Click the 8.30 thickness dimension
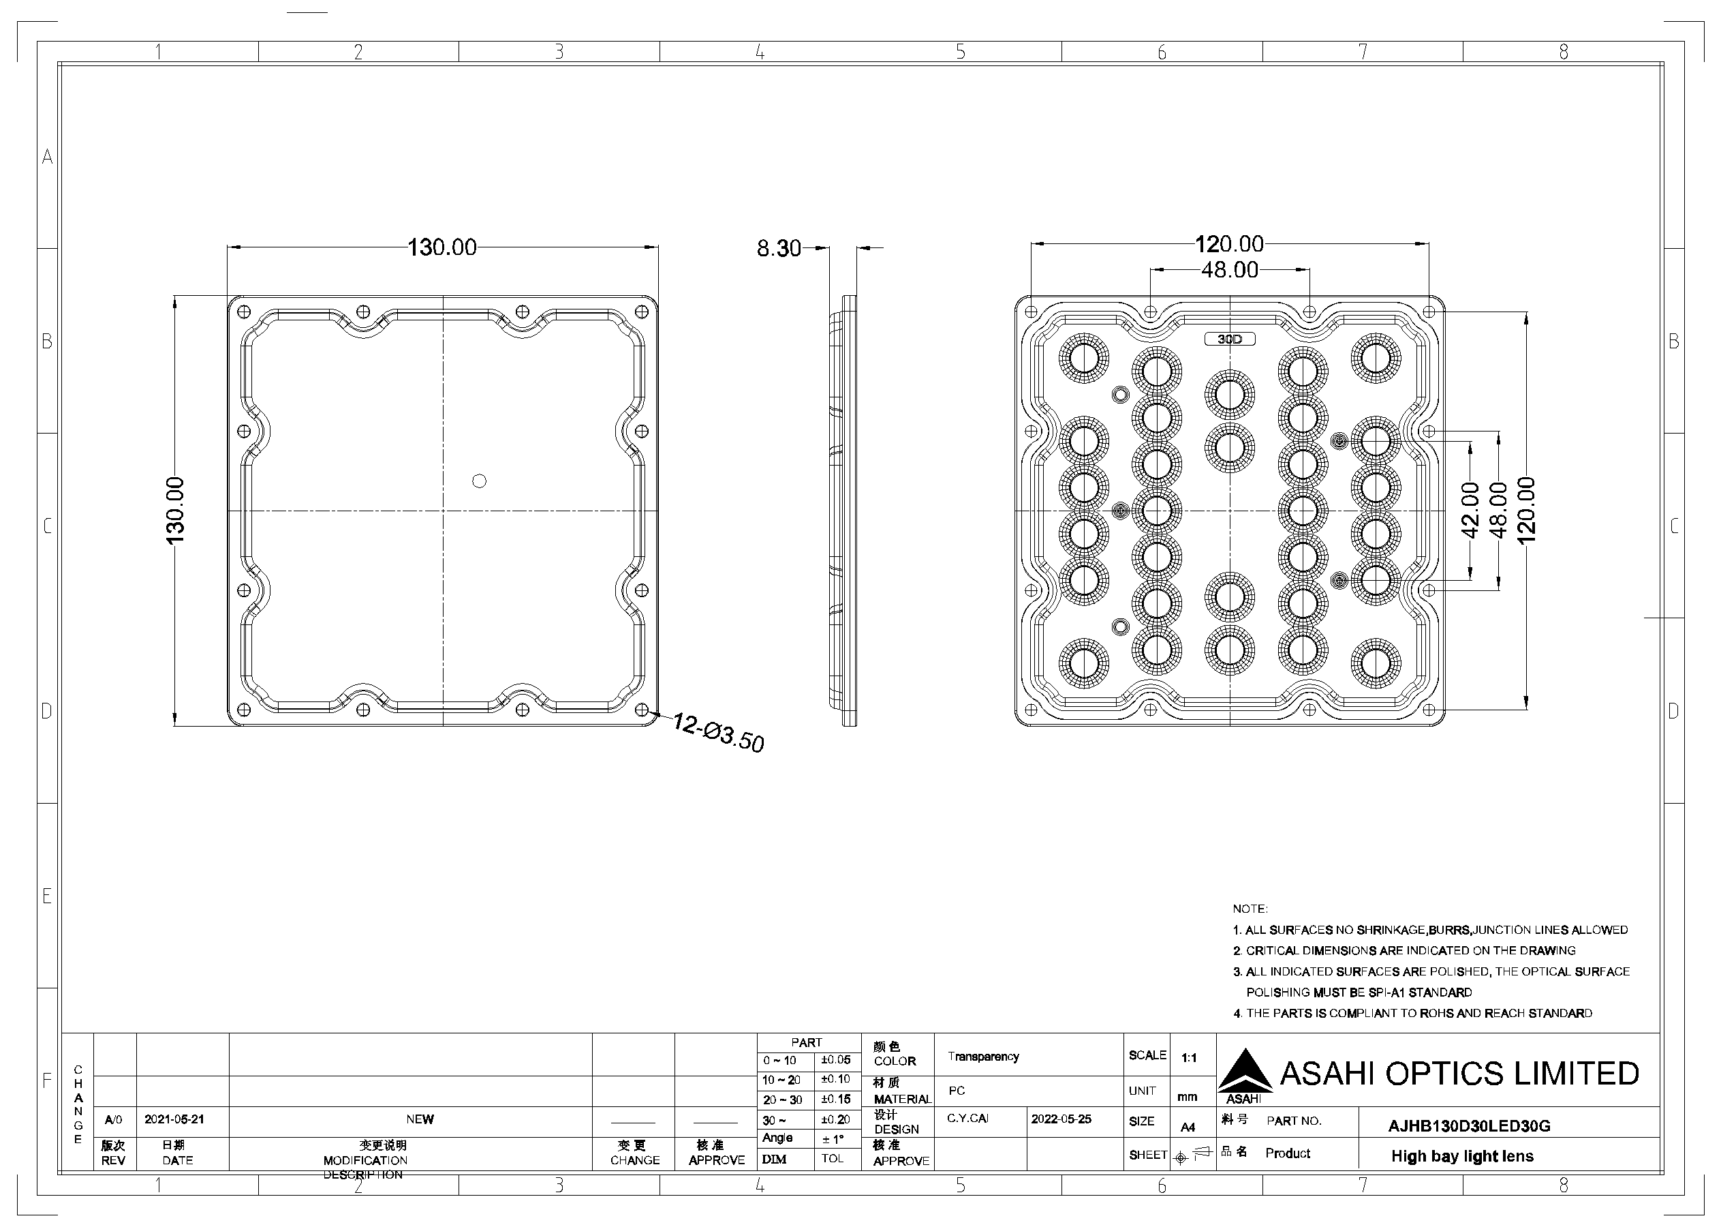pyautogui.click(x=779, y=248)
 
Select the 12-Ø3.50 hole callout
pyautogui.click(x=718, y=732)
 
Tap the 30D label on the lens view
pyautogui.click(x=1229, y=339)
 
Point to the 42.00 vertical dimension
pyautogui.click(x=1470, y=511)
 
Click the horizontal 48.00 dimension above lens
pyautogui.click(x=1229, y=270)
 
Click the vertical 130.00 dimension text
pyautogui.click(x=174, y=511)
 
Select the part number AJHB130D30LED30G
pyautogui.click(x=1469, y=1125)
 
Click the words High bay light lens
pyautogui.click(x=1462, y=1156)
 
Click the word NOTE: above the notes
pyautogui.click(x=1250, y=909)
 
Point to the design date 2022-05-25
pyautogui.click(x=1061, y=1119)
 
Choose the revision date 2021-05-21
pyautogui.click(x=174, y=1119)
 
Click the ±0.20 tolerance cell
pyautogui.click(x=835, y=1120)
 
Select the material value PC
pyautogui.click(x=957, y=1090)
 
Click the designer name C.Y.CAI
pyautogui.click(x=967, y=1118)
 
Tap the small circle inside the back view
pyautogui.click(x=479, y=481)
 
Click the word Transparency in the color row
pyautogui.click(x=983, y=1057)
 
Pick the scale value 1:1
pyautogui.click(x=1189, y=1058)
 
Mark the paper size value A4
pyautogui.click(x=1188, y=1127)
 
